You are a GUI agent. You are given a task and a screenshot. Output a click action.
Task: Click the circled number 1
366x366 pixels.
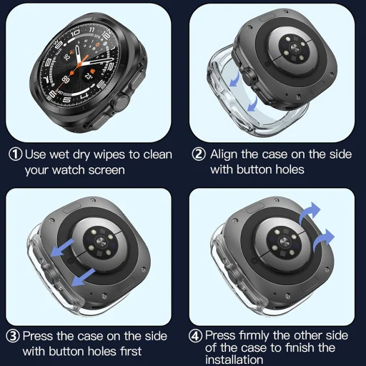click(15, 154)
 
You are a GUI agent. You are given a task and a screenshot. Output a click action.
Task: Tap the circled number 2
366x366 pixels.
click(198, 154)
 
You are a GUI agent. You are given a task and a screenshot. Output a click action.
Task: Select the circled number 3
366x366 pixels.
click(14, 336)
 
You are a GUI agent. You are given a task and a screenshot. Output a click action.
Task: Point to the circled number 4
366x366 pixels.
click(196, 336)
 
